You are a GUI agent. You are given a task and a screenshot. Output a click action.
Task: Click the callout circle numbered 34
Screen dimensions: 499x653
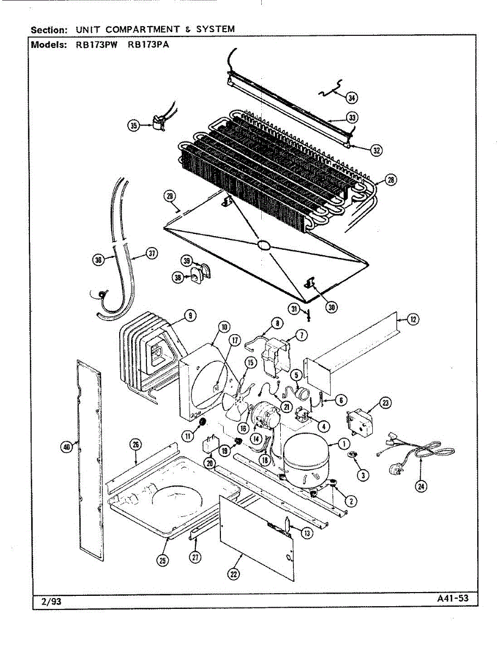(x=352, y=98)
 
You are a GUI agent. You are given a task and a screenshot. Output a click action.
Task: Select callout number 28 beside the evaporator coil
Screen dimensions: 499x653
(x=391, y=180)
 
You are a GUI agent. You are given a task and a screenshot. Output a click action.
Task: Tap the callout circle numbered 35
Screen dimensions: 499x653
(x=134, y=125)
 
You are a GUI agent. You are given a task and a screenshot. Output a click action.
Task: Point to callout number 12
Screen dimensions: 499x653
(x=413, y=319)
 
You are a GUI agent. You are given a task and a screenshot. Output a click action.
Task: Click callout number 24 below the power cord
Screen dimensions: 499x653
(x=421, y=486)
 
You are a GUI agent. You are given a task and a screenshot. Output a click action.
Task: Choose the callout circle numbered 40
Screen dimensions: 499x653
(x=66, y=447)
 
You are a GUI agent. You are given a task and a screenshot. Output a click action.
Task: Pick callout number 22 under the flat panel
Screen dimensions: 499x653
(x=233, y=574)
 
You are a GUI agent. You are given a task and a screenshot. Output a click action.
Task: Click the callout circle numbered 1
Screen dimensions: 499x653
(x=344, y=444)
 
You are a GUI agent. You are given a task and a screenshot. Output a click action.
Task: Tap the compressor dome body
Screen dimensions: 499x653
(x=306, y=459)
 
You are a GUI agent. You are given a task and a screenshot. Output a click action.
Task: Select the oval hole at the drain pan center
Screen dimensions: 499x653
(x=263, y=245)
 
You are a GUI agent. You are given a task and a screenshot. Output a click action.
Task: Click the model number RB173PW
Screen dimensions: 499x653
(x=97, y=45)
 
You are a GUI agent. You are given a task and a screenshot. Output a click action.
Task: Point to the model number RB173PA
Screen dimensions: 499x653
(x=149, y=45)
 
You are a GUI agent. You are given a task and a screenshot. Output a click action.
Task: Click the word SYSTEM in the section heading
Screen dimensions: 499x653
(x=215, y=29)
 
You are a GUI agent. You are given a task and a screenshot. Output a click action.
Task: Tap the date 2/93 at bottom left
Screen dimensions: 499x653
(x=52, y=601)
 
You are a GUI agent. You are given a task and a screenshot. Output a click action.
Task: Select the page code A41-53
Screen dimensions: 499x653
(x=453, y=598)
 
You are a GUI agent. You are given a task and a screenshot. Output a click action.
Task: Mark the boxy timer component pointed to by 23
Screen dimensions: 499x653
(x=360, y=422)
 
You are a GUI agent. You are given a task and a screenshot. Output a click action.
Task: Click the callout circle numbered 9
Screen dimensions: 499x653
(x=190, y=315)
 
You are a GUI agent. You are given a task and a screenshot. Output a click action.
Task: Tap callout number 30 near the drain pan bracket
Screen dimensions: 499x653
(x=331, y=307)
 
